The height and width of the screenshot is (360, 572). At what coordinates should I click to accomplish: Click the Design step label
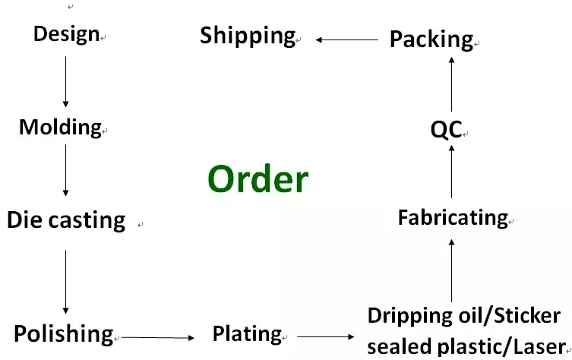point(66,34)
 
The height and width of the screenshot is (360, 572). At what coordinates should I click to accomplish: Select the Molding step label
point(60,127)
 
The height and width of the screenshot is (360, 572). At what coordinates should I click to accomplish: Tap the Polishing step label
point(63,333)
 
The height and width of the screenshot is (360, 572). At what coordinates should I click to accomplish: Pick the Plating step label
point(247,333)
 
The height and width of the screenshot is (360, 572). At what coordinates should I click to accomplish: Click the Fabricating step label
point(452,218)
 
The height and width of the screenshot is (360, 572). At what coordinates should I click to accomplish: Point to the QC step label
point(446,130)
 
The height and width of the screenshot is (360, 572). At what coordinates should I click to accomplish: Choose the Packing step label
point(431,39)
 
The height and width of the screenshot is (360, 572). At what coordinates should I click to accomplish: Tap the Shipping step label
point(248,35)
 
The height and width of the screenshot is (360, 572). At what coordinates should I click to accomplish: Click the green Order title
point(258,179)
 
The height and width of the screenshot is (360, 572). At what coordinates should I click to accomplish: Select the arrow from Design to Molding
point(65,81)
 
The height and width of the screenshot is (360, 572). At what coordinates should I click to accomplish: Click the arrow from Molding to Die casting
point(65,170)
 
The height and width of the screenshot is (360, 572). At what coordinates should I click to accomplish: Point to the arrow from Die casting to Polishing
point(65,281)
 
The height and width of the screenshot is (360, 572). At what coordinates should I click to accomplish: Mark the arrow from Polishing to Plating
point(157,336)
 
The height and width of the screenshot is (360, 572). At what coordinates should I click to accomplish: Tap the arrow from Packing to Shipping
point(346,39)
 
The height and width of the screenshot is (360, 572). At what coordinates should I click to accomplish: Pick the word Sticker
point(529,315)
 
